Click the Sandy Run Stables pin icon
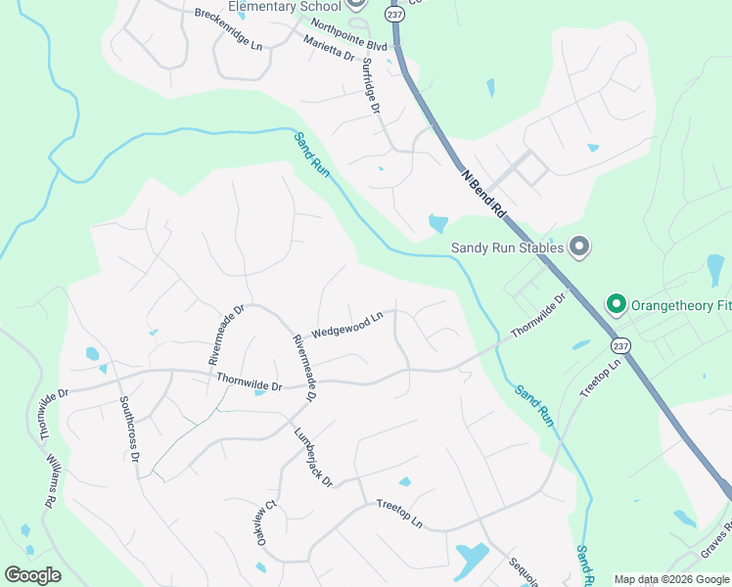point(578,247)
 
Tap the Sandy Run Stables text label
point(507,248)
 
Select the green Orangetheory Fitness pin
point(616,305)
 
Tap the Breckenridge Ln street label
point(228,29)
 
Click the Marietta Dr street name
point(329,49)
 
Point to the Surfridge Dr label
point(370,85)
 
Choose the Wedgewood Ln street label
point(346,325)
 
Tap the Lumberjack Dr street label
point(314,456)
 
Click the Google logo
point(32,575)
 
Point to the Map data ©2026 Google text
point(671,579)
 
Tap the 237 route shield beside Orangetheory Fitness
point(620,346)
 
